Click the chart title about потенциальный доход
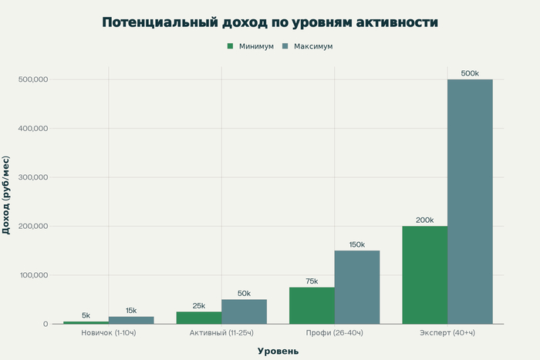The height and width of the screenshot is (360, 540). [x=270, y=22]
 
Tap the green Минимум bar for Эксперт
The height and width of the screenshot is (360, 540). [x=424, y=274]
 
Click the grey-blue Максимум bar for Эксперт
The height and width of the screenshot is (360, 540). [x=470, y=201]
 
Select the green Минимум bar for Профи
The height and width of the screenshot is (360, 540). [x=312, y=305]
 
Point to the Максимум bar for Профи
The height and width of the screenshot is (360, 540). [x=357, y=287]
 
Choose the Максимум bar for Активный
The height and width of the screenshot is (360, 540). [x=244, y=311]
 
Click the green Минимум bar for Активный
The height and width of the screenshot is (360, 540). [x=198, y=318]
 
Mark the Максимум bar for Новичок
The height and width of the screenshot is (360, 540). [x=131, y=320]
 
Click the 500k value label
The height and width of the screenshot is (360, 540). [x=470, y=73]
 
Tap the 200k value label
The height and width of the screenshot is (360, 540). [x=424, y=220]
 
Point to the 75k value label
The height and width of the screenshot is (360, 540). [x=312, y=281]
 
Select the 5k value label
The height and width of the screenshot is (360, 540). [x=86, y=315]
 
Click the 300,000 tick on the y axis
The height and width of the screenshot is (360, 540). [x=32, y=177]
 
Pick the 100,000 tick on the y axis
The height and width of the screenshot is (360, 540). [x=32, y=275]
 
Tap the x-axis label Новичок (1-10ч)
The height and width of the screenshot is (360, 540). [x=109, y=333]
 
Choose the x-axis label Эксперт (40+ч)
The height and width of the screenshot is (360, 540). [x=447, y=333]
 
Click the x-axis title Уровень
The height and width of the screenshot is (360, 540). [x=278, y=351]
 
